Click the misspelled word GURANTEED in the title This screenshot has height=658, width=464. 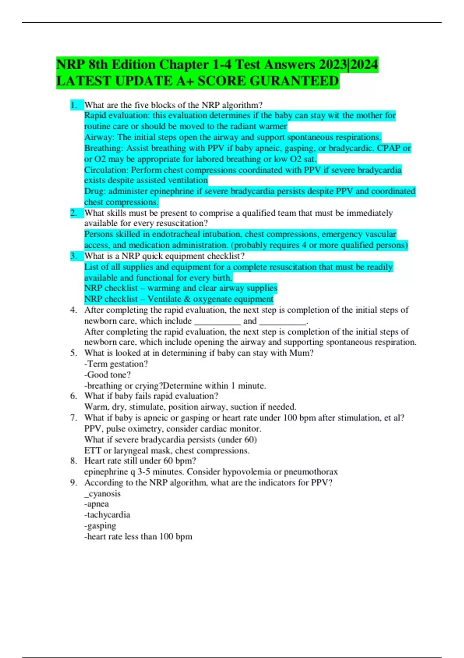pos(294,81)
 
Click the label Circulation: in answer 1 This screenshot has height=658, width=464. pos(106,170)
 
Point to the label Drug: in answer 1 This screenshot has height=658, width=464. pos(95,191)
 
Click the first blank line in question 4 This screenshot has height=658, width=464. pos(217,321)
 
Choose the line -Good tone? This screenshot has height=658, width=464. pos(107,375)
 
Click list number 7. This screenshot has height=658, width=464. pos(73,418)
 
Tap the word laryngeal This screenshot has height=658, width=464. pos(131,451)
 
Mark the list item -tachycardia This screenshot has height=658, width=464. pos(107,515)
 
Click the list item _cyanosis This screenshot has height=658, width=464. pos(102,494)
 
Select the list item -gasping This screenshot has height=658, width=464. pos(100,526)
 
